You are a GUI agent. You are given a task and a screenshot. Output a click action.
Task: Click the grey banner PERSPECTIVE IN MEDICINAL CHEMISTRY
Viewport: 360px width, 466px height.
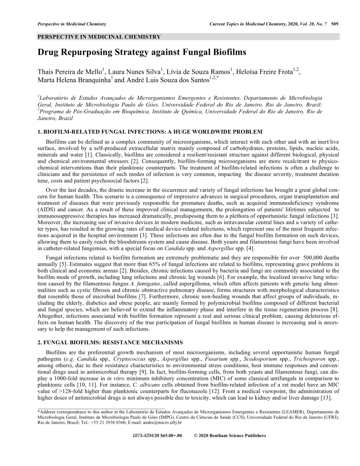(99, 37)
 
